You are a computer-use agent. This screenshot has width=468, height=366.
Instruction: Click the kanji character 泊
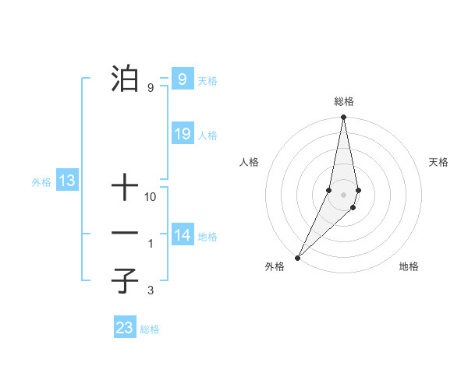pos(125,79)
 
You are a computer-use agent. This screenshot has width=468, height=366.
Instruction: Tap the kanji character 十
pos(125,188)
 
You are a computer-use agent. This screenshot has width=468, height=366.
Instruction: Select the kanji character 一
pos(125,233)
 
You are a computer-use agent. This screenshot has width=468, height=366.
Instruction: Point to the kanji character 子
pos(125,280)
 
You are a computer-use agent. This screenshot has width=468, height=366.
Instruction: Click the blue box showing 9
pos(182,79)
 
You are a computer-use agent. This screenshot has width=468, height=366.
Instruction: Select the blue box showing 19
pos(182,134)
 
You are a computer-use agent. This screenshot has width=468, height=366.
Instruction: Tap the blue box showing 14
pos(182,235)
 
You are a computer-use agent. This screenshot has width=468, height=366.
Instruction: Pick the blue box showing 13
pos(67,181)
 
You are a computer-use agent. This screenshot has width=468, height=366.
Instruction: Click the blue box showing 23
pos(125,328)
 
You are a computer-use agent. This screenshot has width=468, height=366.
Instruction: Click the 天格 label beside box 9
pos(207,80)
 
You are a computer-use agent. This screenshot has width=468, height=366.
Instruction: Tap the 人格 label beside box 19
pos(207,135)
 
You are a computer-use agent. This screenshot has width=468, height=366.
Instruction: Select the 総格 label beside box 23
pos(150,329)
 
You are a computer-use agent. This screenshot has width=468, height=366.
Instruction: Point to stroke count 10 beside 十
pos(151,198)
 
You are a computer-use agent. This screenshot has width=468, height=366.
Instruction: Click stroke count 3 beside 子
pos(150,291)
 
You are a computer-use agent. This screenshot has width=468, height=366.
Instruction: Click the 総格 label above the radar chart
pos(343,101)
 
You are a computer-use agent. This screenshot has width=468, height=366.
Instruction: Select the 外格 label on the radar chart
pos(275,267)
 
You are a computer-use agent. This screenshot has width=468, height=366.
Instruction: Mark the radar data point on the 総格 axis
pos(343,118)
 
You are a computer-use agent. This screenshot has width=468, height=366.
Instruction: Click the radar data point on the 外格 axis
pos(298,257)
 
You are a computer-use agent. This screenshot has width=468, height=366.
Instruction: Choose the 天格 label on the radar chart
pos(438,162)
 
